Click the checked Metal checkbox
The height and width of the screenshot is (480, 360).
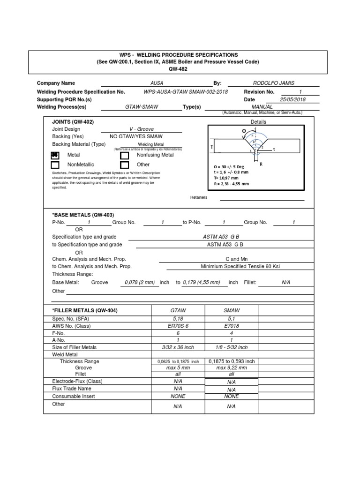55,155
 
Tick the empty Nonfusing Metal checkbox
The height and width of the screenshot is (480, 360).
124,155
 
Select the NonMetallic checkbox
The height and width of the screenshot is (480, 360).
55,165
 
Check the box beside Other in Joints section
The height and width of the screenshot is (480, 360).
124,165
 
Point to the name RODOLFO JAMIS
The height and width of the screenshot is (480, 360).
274,83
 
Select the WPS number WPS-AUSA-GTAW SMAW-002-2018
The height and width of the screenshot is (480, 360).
186,92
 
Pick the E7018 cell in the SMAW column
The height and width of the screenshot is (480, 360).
231,326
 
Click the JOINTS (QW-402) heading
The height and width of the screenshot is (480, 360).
73,121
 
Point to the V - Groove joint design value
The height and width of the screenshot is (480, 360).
141,129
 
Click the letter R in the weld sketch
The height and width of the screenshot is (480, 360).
261,165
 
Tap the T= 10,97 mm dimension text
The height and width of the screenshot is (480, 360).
227,178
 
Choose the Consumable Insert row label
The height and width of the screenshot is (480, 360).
74,396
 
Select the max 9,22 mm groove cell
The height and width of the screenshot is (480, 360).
231,368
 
